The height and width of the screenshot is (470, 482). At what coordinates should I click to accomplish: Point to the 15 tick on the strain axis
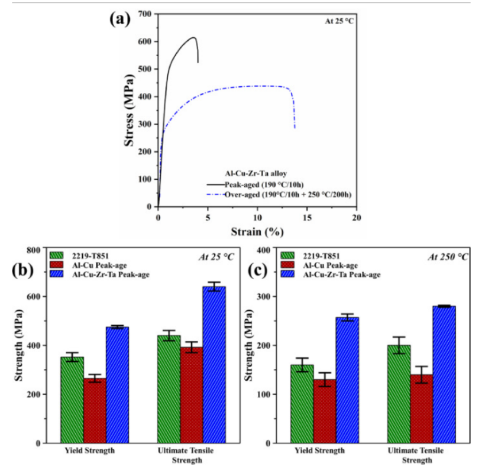click(306, 217)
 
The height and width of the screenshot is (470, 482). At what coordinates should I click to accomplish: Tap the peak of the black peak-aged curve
click(194, 37)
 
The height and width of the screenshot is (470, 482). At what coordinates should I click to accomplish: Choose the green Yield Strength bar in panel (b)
click(72, 400)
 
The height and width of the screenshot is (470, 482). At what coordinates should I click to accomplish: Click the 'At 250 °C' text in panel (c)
click(448, 257)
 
